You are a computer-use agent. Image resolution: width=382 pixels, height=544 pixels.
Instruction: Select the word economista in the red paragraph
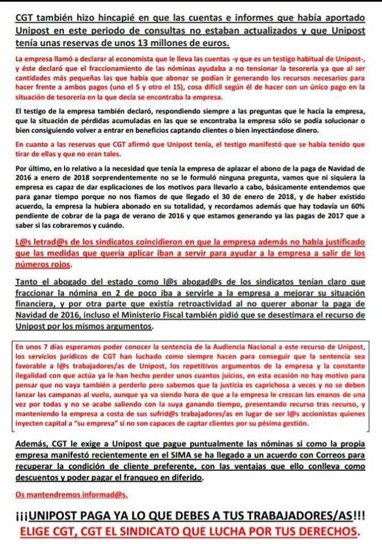(x=148, y=59)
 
